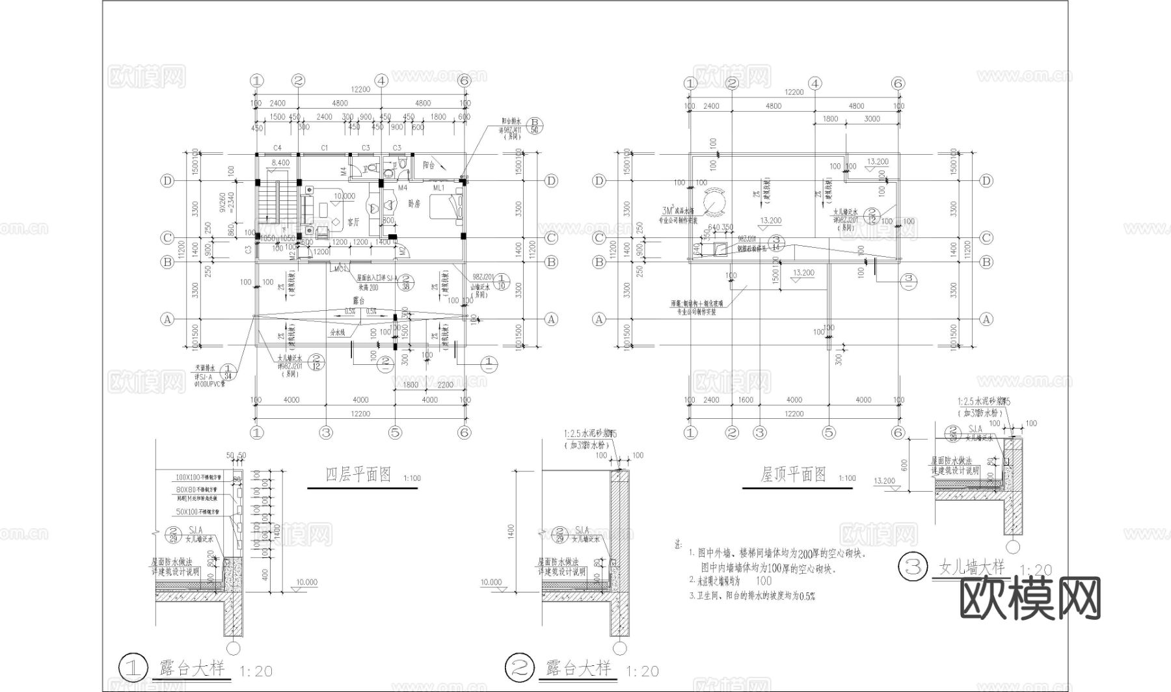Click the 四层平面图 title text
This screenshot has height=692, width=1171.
[x=358, y=475]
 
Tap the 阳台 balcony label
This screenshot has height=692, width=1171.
[x=428, y=165]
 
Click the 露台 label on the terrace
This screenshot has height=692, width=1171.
[x=358, y=300]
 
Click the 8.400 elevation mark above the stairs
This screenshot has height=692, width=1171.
[x=280, y=163]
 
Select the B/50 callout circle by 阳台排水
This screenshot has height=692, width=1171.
[x=535, y=126]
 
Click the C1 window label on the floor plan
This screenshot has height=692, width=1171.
[x=324, y=148]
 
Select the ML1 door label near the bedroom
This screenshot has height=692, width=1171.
[x=438, y=188]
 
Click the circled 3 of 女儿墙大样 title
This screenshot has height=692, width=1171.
[x=911, y=566]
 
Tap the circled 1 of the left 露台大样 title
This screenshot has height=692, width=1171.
[x=132, y=667]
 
